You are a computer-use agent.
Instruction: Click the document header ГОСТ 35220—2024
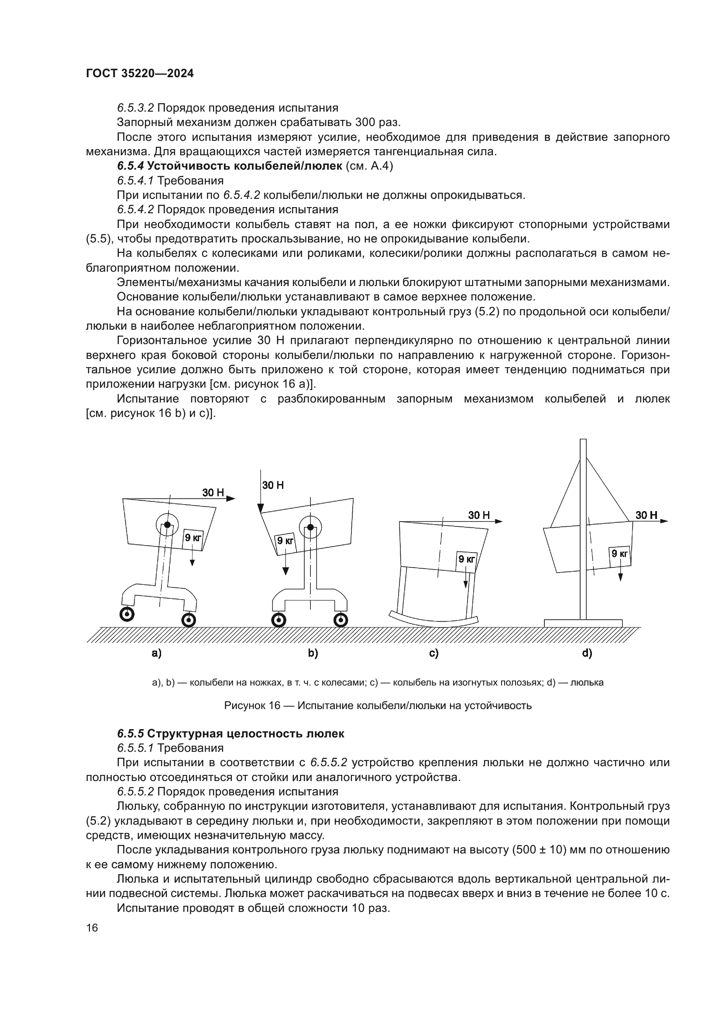click(x=140, y=74)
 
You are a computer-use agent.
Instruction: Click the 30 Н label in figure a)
click(x=213, y=492)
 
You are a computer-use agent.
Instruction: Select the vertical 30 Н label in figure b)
click(x=273, y=485)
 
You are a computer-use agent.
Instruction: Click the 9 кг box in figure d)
click(x=619, y=553)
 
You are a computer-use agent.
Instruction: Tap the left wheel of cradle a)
click(x=127, y=615)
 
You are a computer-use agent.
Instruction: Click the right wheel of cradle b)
click(x=340, y=620)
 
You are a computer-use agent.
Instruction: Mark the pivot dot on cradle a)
click(x=167, y=525)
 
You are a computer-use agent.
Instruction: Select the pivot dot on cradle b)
click(x=310, y=527)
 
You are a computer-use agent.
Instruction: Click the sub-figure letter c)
click(x=434, y=654)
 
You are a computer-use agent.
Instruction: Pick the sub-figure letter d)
click(x=587, y=653)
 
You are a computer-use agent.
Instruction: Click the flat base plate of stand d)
click(x=583, y=623)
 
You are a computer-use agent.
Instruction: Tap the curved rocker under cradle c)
click(x=433, y=621)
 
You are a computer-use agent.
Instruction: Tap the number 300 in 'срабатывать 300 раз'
click(x=364, y=122)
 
